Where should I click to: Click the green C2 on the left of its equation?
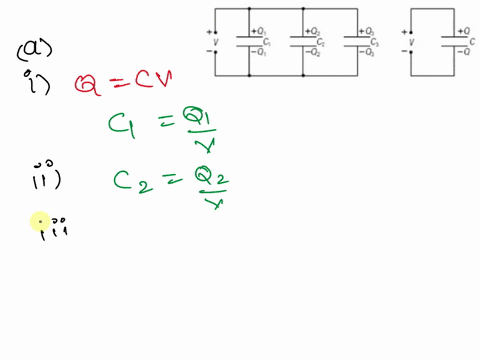point(127,180)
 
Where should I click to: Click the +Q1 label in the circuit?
point(258,30)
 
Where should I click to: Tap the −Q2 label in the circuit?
point(312,53)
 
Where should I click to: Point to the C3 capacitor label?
point(374,42)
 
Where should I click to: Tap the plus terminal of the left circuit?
point(208,31)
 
